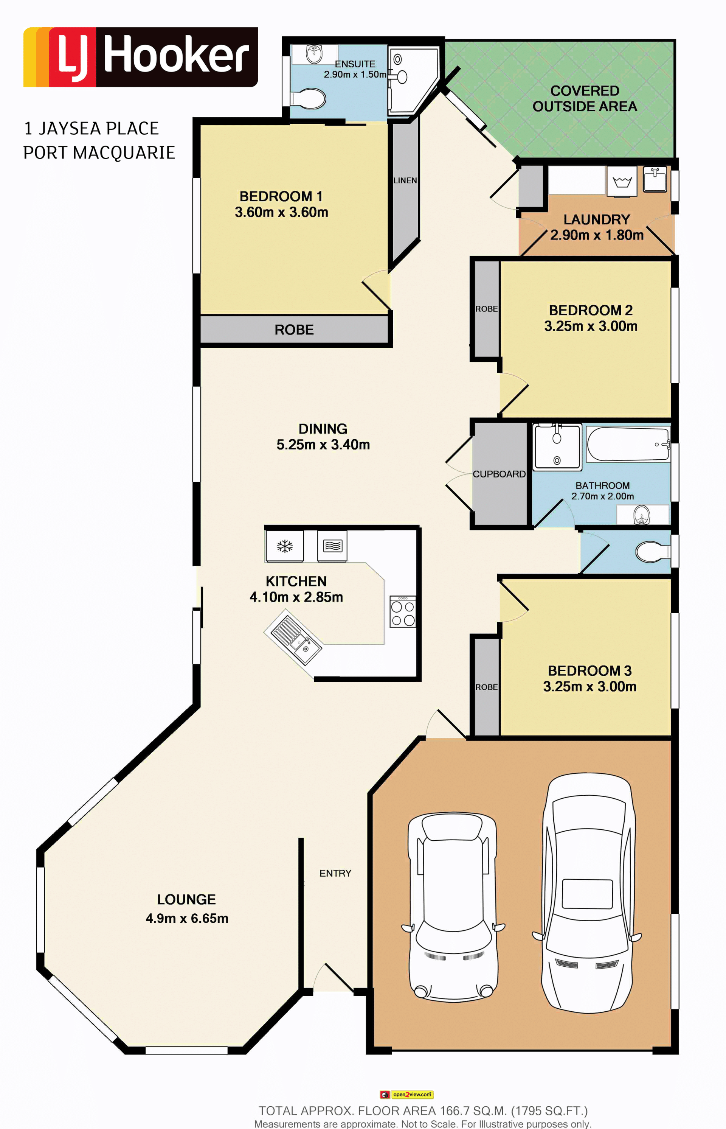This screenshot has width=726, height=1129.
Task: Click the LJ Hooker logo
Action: point(141,57)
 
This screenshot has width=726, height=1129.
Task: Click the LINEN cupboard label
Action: point(405,180)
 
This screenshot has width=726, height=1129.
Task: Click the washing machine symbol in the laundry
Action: point(622,182)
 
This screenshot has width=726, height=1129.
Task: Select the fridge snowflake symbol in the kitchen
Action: point(285,546)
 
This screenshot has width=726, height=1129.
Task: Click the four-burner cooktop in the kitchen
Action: point(403,612)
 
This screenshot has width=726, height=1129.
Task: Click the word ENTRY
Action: point(335,873)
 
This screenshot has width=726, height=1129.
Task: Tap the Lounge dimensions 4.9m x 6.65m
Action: point(187,918)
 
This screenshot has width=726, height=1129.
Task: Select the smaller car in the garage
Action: point(453,905)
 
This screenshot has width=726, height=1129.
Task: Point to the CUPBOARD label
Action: point(499,474)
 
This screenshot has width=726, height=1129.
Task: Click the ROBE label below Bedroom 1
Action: point(294,330)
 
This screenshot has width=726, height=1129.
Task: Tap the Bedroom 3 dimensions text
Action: point(590,687)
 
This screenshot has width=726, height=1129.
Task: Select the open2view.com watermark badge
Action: point(406,1095)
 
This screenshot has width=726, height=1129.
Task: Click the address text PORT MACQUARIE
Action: point(99,153)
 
